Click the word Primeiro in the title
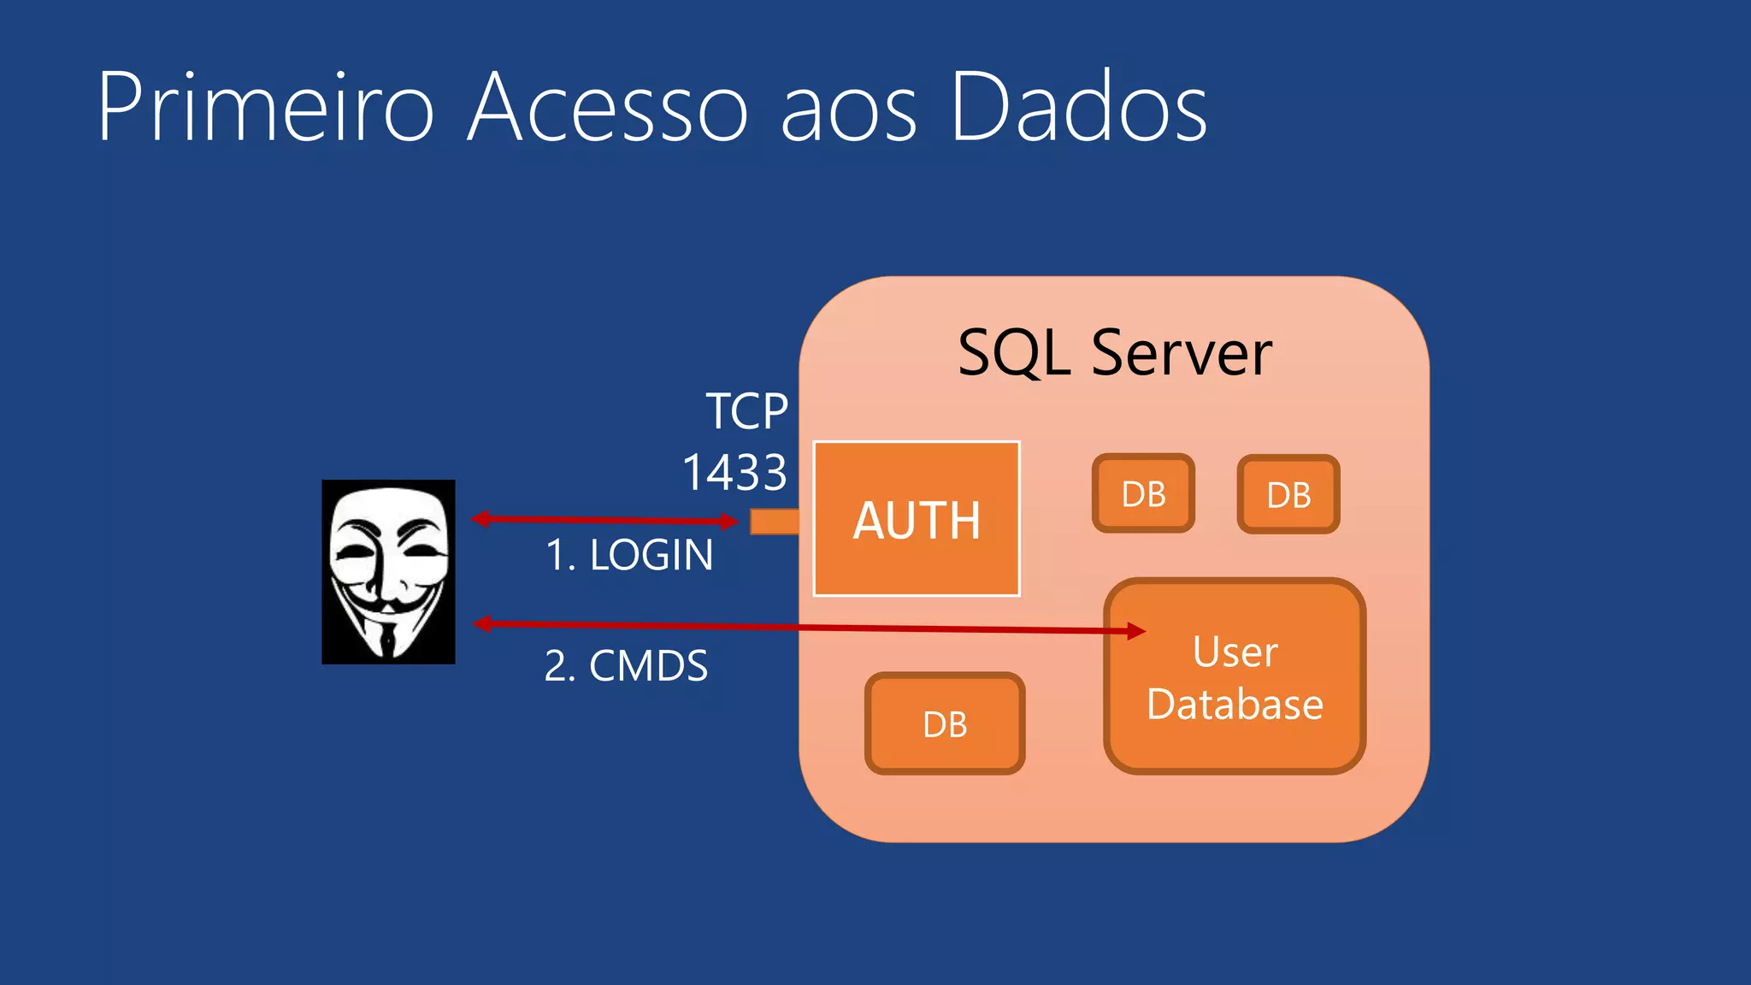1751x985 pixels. (266, 109)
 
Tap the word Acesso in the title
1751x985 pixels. (608, 109)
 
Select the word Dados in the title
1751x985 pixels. (1078, 109)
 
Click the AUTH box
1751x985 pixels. (916, 519)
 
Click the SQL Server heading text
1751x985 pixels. (1114, 353)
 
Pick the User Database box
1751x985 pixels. (1235, 677)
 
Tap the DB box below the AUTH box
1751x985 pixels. (945, 723)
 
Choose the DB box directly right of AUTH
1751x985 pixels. (1143, 493)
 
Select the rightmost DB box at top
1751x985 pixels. (1288, 494)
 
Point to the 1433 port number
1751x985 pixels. (734, 472)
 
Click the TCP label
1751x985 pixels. (746, 411)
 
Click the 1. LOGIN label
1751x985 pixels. (629, 555)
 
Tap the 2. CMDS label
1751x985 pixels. (626, 665)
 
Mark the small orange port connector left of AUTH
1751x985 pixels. (774, 521)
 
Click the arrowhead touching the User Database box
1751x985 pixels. (1136, 631)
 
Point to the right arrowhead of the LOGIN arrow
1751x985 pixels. (729, 521)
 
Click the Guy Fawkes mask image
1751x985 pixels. (388, 571)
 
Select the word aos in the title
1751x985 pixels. (849, 109)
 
